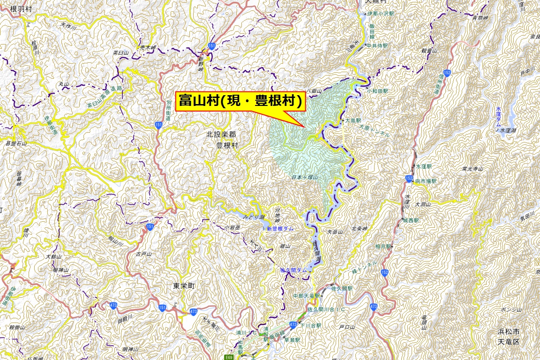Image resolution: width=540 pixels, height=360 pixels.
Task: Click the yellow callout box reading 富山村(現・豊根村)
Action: tap(240, 101)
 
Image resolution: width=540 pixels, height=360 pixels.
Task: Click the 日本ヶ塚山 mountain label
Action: tap(305, 178)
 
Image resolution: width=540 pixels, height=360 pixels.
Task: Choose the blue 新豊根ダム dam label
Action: tap(280, 228)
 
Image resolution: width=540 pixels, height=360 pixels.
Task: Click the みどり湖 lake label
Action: tap(254, 217)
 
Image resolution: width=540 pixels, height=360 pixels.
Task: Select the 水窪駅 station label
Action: tap(423, 166)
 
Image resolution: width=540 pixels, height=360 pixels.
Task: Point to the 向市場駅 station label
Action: tap(426, 180)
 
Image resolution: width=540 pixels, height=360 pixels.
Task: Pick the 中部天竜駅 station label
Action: tap(306, 296)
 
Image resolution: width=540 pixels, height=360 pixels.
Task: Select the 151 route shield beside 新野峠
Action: tap(212, 45)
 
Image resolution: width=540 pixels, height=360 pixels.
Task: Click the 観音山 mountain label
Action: tap(429, 51)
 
